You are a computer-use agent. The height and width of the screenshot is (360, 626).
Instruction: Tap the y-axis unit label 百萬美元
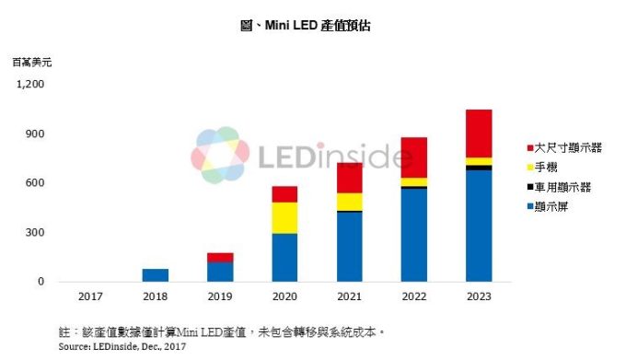point(28,63)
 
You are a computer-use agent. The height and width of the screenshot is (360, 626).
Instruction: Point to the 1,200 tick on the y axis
point(30,85)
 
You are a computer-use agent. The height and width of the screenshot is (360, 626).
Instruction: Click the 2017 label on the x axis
point(91,297)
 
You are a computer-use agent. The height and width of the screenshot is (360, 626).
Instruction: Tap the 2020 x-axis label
point(284,297)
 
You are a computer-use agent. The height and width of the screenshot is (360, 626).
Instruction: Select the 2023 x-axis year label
point(478,297)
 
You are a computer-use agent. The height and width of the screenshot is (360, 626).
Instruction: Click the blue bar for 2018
point(156,275)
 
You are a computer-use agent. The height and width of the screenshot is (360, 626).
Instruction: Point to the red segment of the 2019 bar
point(220,258)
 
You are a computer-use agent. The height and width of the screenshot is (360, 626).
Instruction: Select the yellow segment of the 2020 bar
point(284,217)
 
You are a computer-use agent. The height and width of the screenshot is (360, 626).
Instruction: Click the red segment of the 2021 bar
point(349,178)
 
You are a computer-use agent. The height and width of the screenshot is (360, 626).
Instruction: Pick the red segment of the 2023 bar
point(478,134)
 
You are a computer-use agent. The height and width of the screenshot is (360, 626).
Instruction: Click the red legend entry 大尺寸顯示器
point(562,148)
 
